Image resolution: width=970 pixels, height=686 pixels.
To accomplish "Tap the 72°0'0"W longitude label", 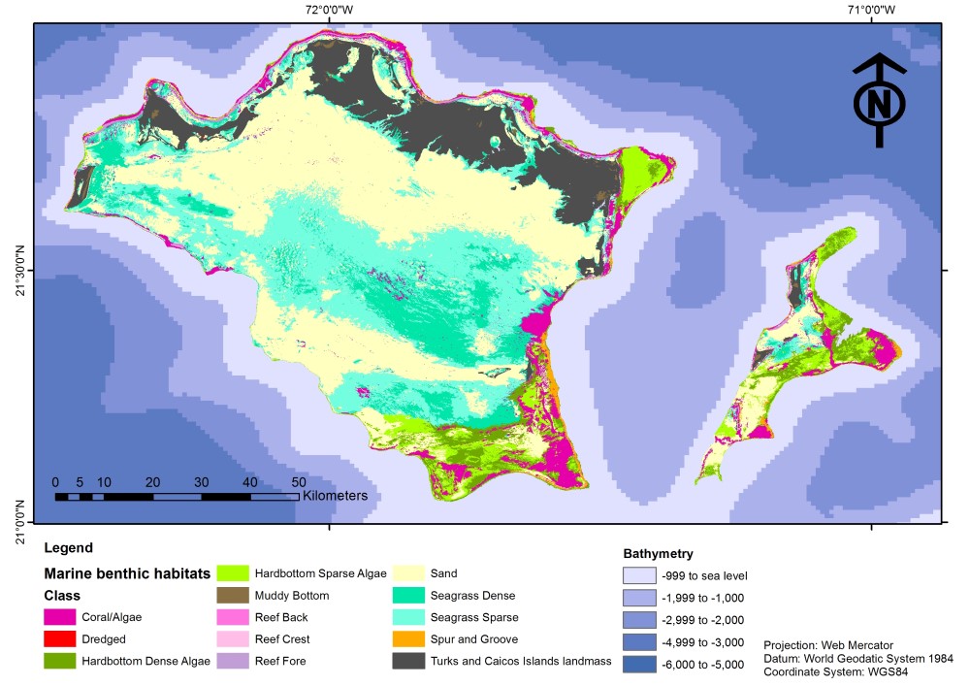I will click(x=329, y=11).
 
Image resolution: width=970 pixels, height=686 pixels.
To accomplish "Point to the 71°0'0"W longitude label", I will click(x=870, y=11).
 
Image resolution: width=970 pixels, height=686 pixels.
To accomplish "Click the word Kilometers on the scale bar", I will click(x=335, y=496).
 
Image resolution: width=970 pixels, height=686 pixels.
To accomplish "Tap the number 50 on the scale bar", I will click(x=299, y=482).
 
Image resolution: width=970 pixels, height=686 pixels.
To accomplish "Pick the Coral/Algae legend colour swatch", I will click(x=60, y=616).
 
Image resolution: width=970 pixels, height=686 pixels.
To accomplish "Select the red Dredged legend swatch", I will click(x=60, y=639).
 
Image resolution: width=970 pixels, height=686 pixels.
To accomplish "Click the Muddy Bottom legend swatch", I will click(x=232, y=595).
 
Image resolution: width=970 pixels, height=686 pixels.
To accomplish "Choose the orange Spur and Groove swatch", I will click(x=408, y=639).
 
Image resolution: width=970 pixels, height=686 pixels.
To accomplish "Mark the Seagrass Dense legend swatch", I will click(x=408, y=595).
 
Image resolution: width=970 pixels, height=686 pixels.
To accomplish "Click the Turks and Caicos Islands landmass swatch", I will click(x=408, y=662).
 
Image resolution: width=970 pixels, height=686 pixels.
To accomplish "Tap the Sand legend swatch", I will click(x=408, y=573).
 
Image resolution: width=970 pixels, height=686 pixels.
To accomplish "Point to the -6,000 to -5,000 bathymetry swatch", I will click(x=639, y=664).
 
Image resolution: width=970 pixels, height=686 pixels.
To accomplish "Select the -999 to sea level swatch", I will click(x=639, y=575).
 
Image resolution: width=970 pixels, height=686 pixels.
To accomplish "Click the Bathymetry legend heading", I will click(x=658, y=553).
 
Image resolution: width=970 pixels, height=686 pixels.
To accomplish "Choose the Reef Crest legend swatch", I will click(x=232, y=639).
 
